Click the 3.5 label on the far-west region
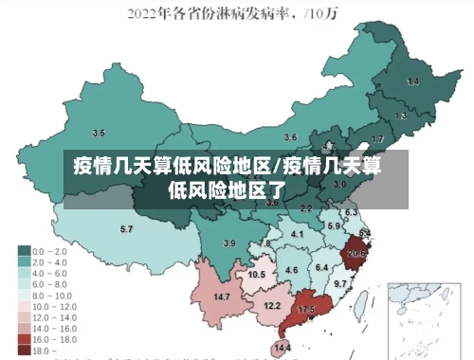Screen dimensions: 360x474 (99, 133)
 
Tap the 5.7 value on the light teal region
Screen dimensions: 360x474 (126, 229)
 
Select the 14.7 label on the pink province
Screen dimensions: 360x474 (222, 297)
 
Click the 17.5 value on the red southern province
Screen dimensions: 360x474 (306, 310)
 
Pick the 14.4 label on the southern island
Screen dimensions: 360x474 (282, 348)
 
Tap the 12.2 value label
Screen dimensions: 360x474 (272, 305)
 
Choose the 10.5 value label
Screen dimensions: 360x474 (256, 275)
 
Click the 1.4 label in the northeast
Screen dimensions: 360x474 (412, 82)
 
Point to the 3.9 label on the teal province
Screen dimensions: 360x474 (228, 243)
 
